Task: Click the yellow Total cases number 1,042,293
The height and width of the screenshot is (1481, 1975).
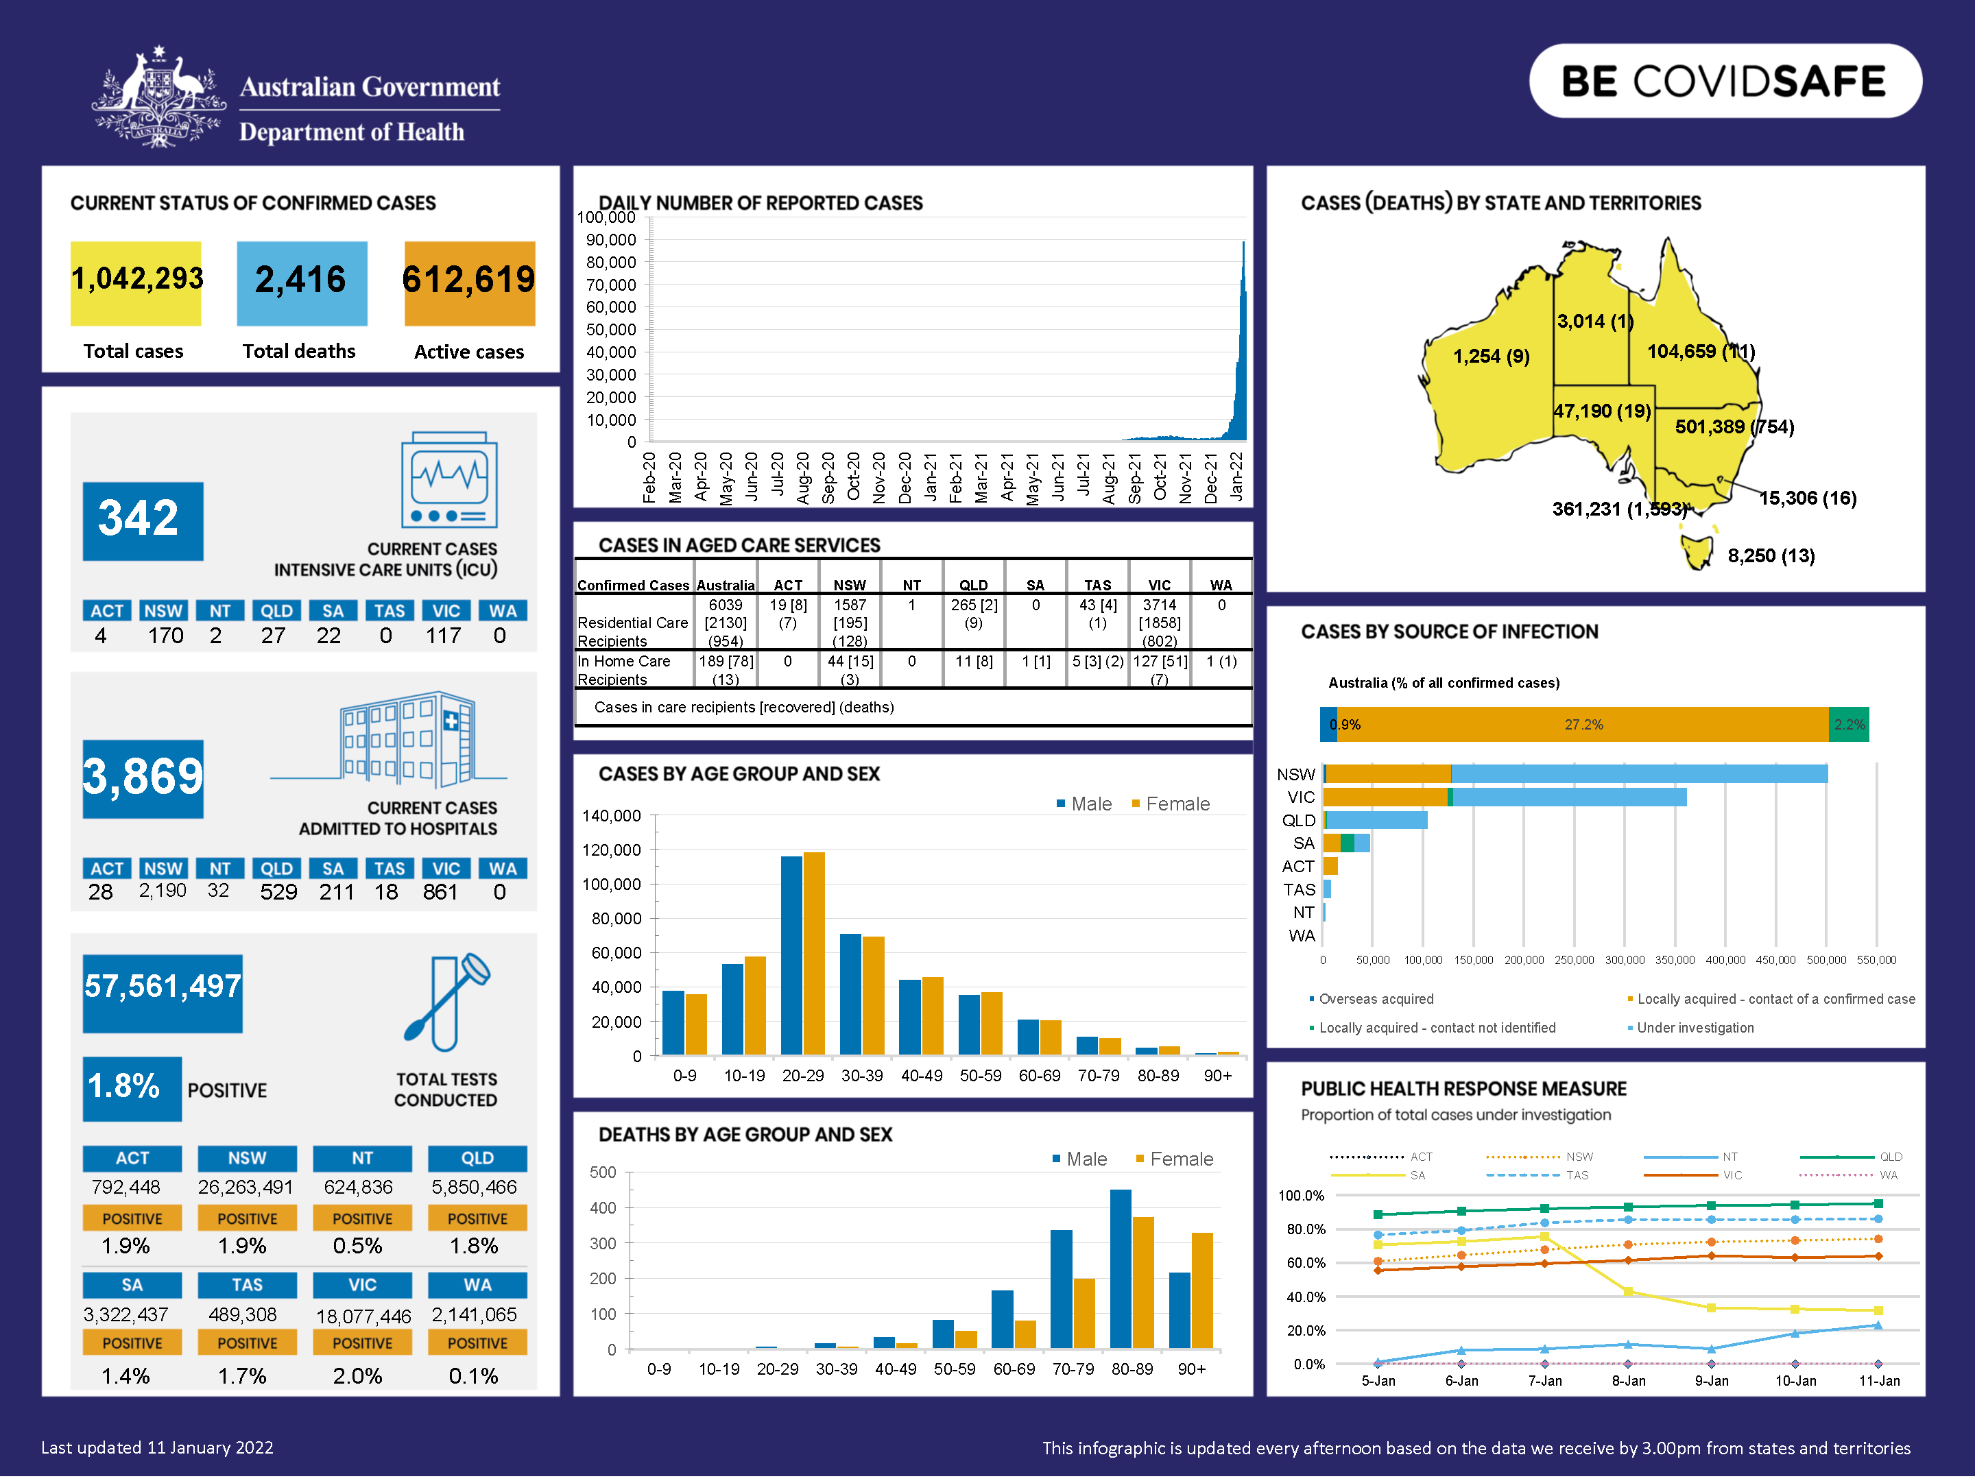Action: [x=136, y=280]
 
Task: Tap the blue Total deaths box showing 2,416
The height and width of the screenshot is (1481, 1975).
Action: [x=301, y=281]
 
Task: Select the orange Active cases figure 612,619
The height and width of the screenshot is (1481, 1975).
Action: [x=469, y=280]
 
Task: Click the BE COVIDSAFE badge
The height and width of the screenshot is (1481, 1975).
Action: [x=1724, y=81]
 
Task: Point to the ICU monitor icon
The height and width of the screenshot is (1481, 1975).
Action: [x=449, y=480]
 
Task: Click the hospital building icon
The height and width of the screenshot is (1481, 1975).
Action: [x=406, y=738]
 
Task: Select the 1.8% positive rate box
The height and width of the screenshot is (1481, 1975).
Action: [x=130, y=1087]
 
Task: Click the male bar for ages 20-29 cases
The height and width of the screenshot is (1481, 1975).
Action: [x=791, y=955]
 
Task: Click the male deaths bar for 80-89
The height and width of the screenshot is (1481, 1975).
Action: [x=1121, y=1268]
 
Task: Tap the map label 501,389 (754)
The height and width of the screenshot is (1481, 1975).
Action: [x=1733, y=426]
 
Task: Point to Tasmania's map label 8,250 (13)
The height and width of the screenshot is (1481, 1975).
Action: [x=1771, y=556]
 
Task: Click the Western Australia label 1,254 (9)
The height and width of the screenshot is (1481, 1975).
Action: [x=1490, y=356]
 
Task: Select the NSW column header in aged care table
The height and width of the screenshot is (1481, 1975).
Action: [x=849, y=586]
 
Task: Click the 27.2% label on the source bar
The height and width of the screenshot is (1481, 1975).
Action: [x=1583, y=725]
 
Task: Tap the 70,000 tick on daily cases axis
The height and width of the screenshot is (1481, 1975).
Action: [x=611, y=285]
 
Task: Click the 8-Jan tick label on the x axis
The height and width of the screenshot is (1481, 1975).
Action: [x=1628, y=1381]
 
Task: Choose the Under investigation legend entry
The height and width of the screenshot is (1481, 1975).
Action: [x=1694, y=1028]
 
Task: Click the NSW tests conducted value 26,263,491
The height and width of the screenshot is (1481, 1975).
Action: [x=246, y=1188]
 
